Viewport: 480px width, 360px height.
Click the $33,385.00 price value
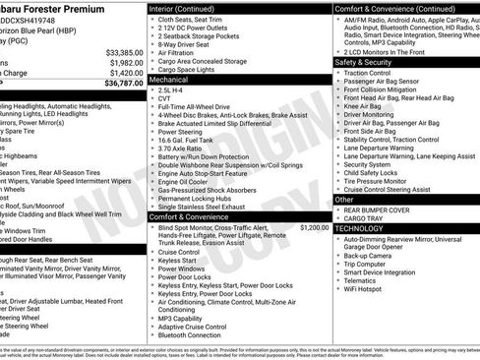click(124, 52)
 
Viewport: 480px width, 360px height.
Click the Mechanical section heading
click(173, 79)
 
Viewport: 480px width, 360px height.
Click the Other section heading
click(345, 200)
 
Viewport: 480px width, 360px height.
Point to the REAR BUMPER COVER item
click(384, 210)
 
